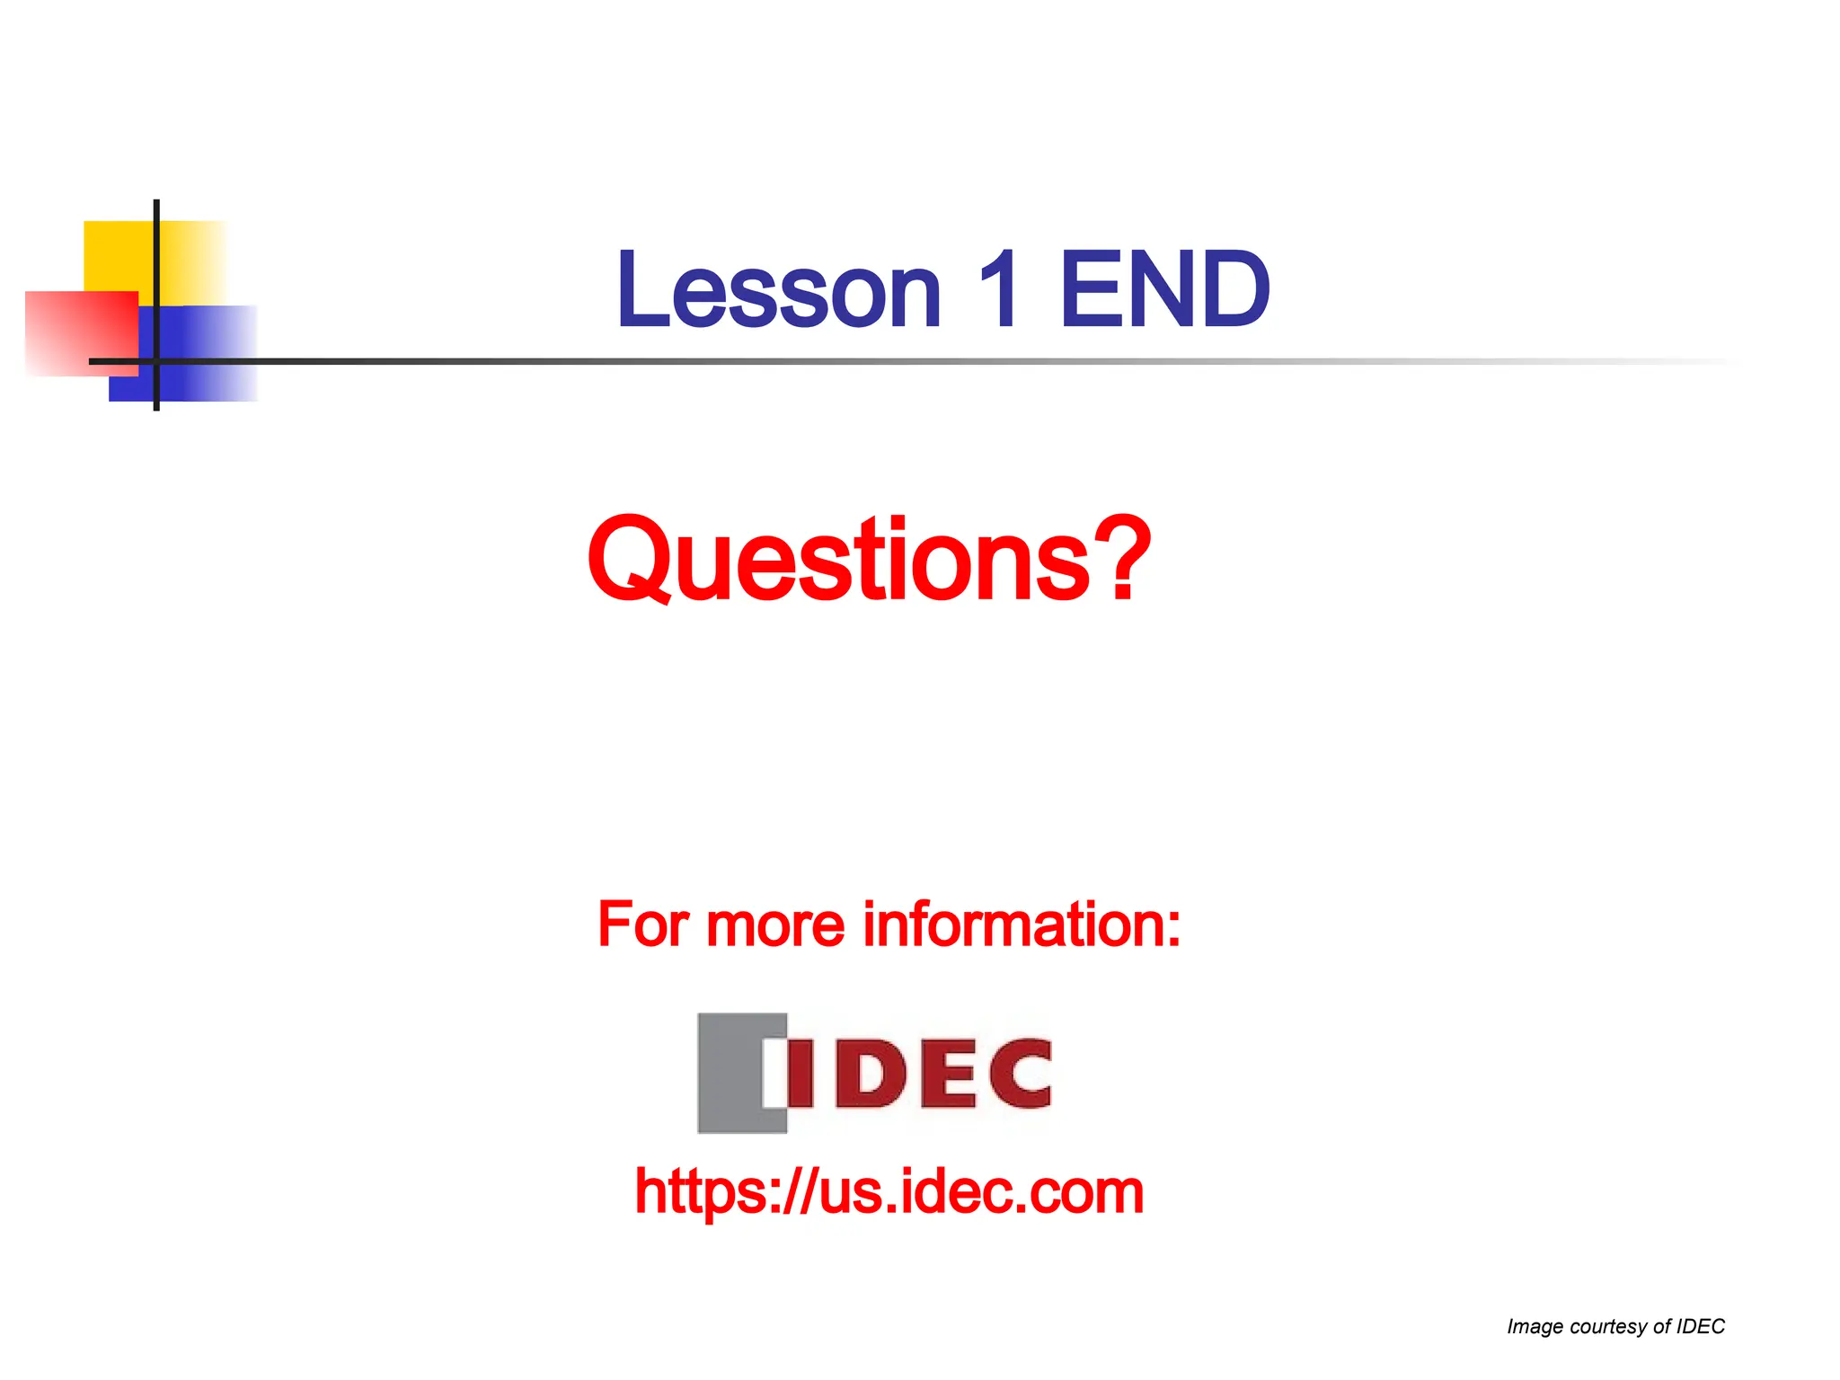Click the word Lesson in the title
[778, 291]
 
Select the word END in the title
[1164, 291]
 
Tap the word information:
[1022, 925]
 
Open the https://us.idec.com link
[889, 1193]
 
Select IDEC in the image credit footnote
[1701, 1326]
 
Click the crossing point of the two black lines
[156, 361]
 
